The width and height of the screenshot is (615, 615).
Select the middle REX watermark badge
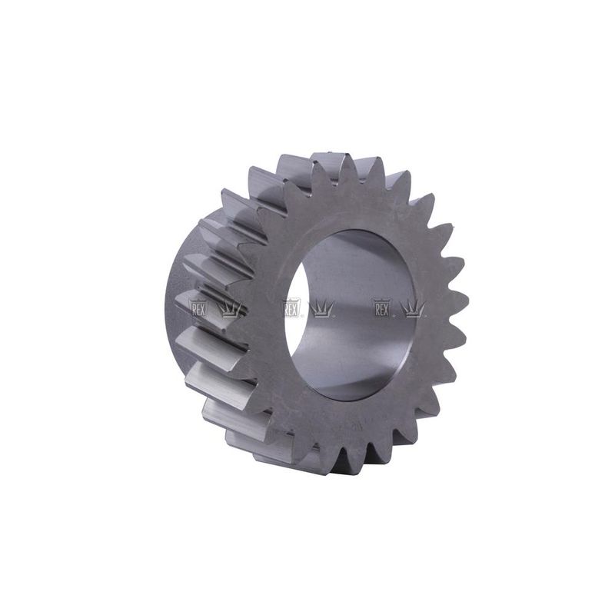coord(291,309)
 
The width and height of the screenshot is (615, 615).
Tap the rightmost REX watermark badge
coord(381,309)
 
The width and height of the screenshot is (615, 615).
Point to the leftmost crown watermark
coord(229,310)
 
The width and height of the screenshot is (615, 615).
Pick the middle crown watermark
coord(322,309)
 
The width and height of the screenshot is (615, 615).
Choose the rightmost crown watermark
coord(413,309)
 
